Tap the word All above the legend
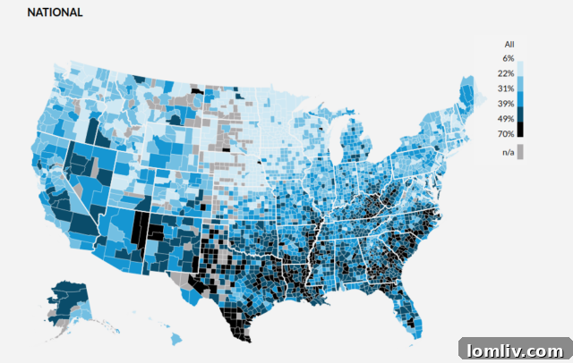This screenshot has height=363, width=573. coord(509,44)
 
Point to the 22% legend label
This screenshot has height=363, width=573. coord(507,72)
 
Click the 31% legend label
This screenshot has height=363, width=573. coord(507,88)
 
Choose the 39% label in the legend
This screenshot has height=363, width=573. coord(507,103)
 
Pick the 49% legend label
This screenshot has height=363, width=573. coord(507,118)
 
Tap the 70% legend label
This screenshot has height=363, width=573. coord(507,133)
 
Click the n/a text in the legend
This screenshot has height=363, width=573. coord(508,152)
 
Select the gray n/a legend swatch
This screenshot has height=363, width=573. coord(521,152)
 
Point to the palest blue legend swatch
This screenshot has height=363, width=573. coord(521,65)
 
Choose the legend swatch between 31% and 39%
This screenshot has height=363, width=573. coord(521,96)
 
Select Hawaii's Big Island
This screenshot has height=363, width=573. coord(176,338)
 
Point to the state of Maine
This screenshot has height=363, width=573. coord(468,90)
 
